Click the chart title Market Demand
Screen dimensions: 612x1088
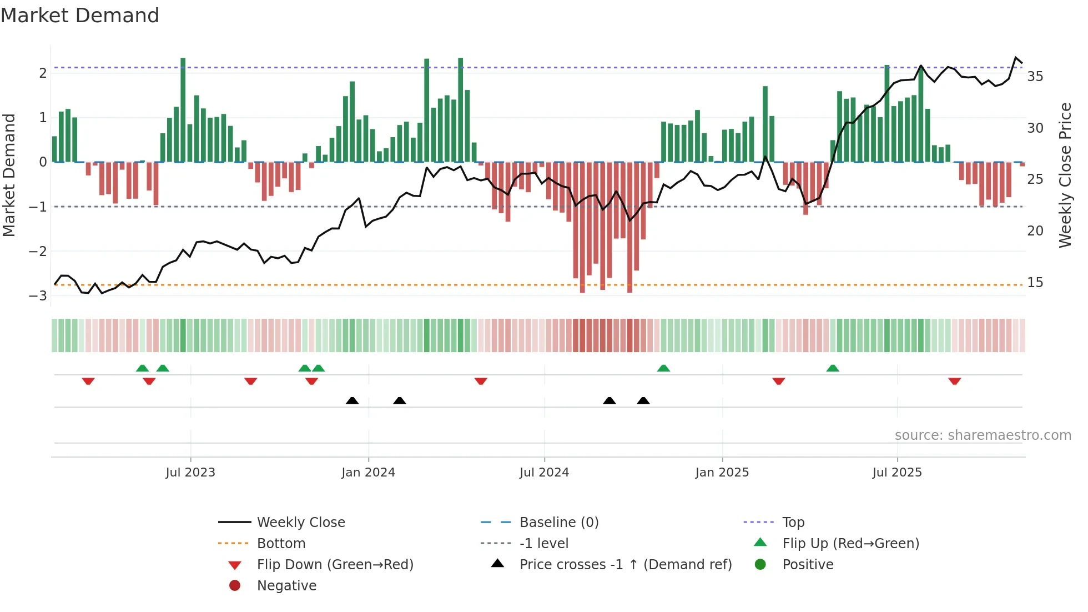[x=80, y=16]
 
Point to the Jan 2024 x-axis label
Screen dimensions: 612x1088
[x=368, y=473]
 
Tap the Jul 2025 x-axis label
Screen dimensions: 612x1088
[x=896, y=473]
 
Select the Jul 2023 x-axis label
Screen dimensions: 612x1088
[x=190, y=473]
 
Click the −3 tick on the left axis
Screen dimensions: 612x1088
[x=38, y=295]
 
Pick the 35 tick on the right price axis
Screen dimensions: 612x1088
[x=1035, y=77]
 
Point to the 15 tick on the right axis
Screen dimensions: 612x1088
[x=1035, y=283]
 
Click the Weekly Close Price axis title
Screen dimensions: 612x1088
[x=1065, y=175]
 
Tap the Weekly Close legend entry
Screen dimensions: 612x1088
[x=300, y=523]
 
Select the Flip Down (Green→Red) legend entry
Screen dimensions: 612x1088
[x=335, y=565]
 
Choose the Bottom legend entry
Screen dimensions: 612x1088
[x=281, y=544]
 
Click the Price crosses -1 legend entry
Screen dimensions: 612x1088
[x=625, y=565]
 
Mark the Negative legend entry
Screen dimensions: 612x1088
[x=286, y=586]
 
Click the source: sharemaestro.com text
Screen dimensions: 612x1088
[x=983, y=435]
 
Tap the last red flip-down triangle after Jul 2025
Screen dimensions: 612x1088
[x=954, y=381]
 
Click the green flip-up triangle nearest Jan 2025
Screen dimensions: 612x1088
[x=663, y=368]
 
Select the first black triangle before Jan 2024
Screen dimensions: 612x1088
[x=352, y=400]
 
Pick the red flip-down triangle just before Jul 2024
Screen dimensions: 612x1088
[x=481, y=381]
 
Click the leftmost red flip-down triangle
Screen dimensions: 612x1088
[x=88, y=381]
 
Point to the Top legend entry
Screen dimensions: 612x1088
[x=793, y=523]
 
